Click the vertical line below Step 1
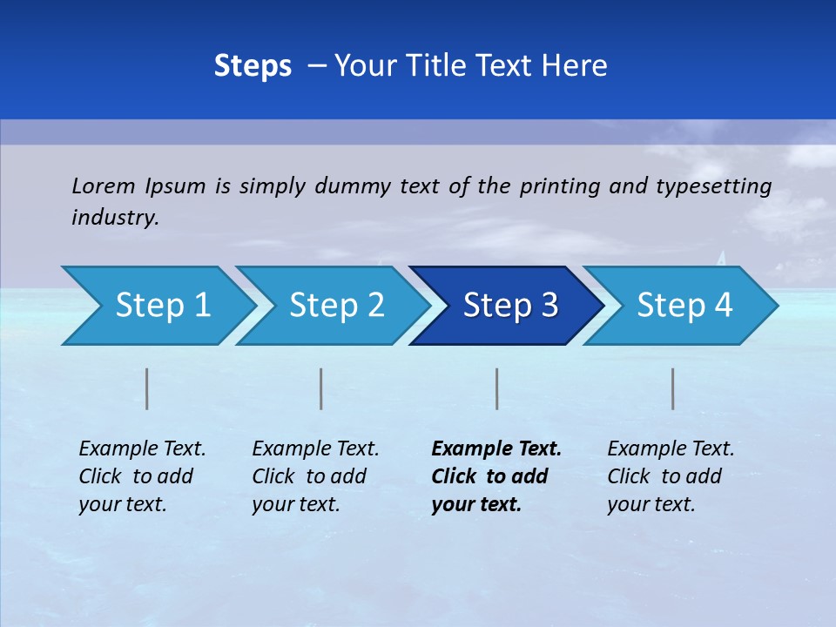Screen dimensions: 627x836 [x=147, y=388]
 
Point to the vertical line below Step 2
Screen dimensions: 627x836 [x=321, y=388]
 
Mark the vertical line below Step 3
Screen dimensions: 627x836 [x=496, y=388]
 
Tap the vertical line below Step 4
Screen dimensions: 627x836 [x=672, y=388]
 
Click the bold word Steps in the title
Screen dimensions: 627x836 [x=253, y=66]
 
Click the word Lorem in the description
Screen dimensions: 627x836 [x=104, y=185]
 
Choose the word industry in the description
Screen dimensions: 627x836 [x=115, y=218]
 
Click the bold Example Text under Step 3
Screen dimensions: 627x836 [x=496, y=449]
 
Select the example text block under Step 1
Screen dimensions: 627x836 [x=142, y=476]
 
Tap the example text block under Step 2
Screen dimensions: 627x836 [x=315, y=476]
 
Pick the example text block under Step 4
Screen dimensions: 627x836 [x=671, y=476]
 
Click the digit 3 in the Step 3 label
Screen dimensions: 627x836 [x=547, y=306]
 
